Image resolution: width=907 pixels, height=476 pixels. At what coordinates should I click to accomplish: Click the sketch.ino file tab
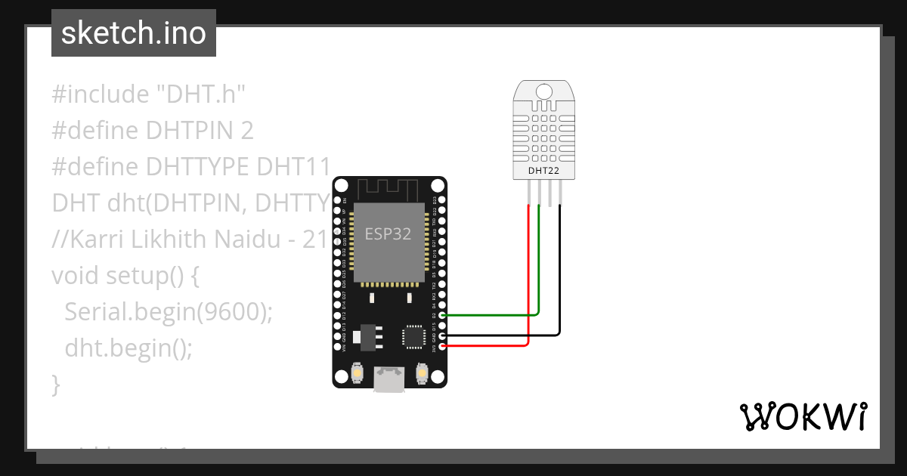[133, 33]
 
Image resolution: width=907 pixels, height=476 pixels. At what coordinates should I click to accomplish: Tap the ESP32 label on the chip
[388, 233]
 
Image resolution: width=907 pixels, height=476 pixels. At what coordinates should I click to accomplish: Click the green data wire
[538, 272]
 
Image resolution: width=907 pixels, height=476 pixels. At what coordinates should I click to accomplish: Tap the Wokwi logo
[803, 416]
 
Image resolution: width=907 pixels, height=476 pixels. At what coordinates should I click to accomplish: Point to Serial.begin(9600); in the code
[168, 312]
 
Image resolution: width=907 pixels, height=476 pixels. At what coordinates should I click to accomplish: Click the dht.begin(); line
[128, 348]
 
